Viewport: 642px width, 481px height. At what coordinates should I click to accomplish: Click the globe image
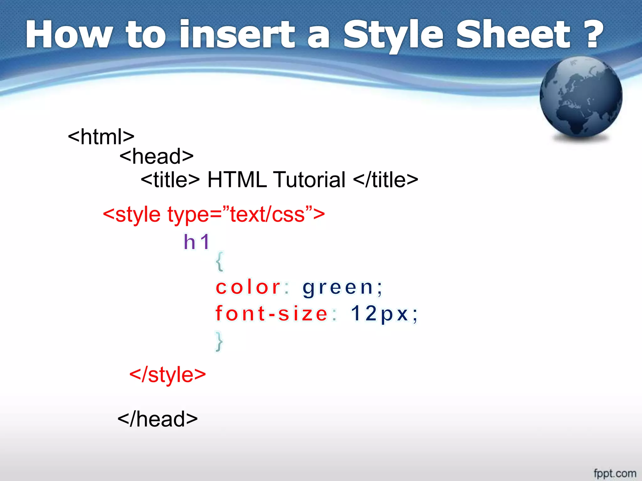click(x=581, y=97)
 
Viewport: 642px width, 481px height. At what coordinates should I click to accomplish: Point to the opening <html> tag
click(x=101, y=137)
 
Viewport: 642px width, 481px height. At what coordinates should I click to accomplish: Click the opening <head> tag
click(x=156, y=156)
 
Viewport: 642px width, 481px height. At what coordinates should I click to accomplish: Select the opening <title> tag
click(x=170, y=180)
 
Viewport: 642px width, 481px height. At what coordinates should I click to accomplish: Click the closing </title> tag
click(x=385, y=180)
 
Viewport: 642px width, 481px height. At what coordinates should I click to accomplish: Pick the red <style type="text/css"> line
click(x=214, y=215)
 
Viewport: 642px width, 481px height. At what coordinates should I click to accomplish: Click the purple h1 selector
click(x=197, y=242)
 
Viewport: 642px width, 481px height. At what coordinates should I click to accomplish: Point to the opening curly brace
click(x=220, y=261)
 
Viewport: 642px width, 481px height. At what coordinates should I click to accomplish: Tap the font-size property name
click(x=271, y=313)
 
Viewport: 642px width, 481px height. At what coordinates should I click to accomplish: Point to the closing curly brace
click(x=219, y=341)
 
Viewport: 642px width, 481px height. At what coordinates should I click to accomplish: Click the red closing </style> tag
click(x=167, y=375)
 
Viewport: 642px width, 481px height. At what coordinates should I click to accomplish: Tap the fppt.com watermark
click(x=615, y=473)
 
